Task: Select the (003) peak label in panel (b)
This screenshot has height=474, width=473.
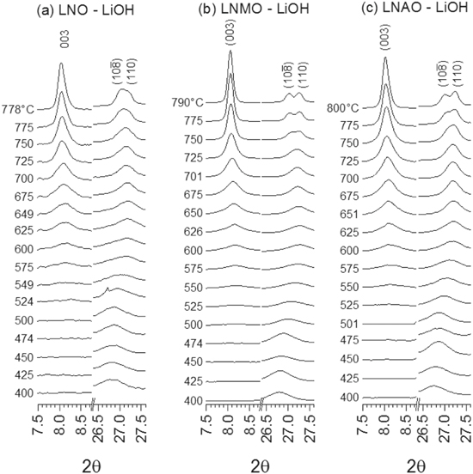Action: (x=230, y=35)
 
